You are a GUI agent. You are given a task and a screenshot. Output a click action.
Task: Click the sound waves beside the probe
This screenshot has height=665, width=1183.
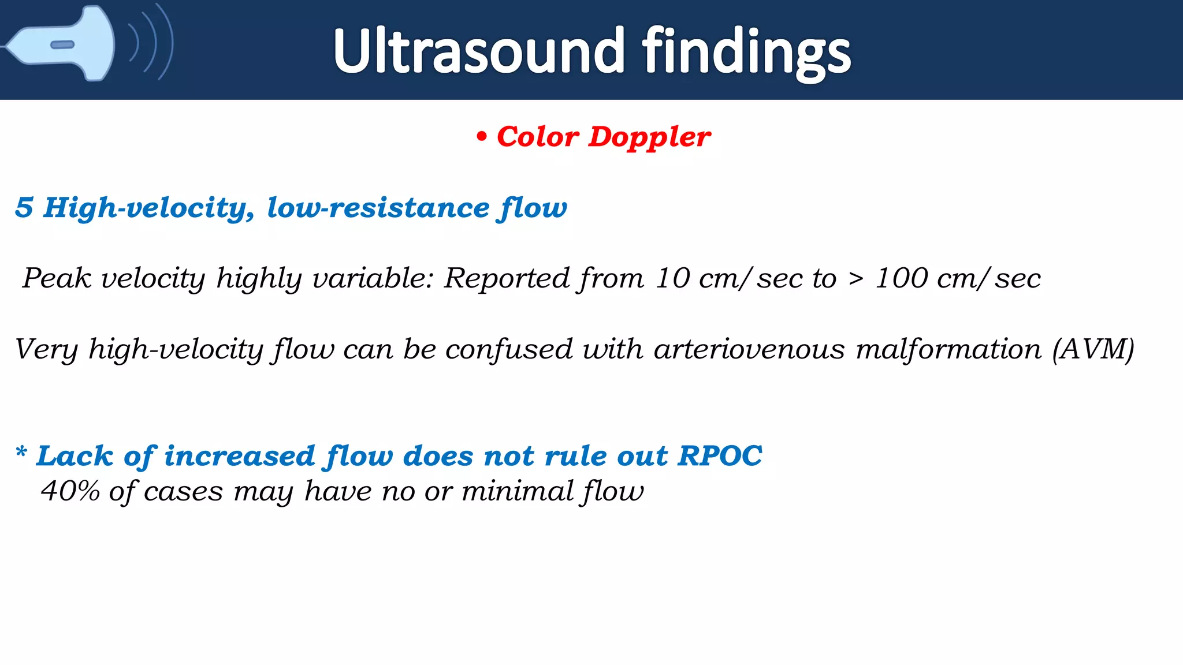(x=151, y=42)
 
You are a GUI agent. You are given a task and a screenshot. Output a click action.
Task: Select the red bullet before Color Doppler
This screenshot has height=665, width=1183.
(x=481, y=137)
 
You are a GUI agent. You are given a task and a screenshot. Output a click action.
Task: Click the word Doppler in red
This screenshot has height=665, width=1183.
(x=649, y=137)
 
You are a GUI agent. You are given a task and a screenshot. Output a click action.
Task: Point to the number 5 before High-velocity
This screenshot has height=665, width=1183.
(x=24, y=207)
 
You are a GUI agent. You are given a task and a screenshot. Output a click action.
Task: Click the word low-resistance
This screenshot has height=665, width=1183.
(x=378, y=207)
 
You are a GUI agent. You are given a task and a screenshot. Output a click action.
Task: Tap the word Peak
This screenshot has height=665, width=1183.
(x=57, y=278)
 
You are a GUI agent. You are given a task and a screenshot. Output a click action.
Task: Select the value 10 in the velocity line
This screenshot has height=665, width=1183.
(x=672, y=278)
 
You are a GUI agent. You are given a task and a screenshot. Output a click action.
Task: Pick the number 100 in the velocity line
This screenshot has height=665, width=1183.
(x=902, y=278)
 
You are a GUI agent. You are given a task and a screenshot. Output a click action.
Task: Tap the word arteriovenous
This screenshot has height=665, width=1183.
(x=749, y=349)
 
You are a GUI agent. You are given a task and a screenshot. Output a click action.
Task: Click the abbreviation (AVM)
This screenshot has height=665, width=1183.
(x=1093, y=349)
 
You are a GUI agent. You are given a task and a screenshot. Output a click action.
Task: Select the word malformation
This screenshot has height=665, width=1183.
(x=948, y=349)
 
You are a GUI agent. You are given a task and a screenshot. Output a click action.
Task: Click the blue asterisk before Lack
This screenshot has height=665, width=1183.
(x=21, y=452)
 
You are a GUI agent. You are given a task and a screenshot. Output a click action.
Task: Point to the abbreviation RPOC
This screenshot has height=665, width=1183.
(x=720, y=455)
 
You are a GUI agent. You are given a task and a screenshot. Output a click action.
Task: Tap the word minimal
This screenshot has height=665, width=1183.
(x=517, y=491)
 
